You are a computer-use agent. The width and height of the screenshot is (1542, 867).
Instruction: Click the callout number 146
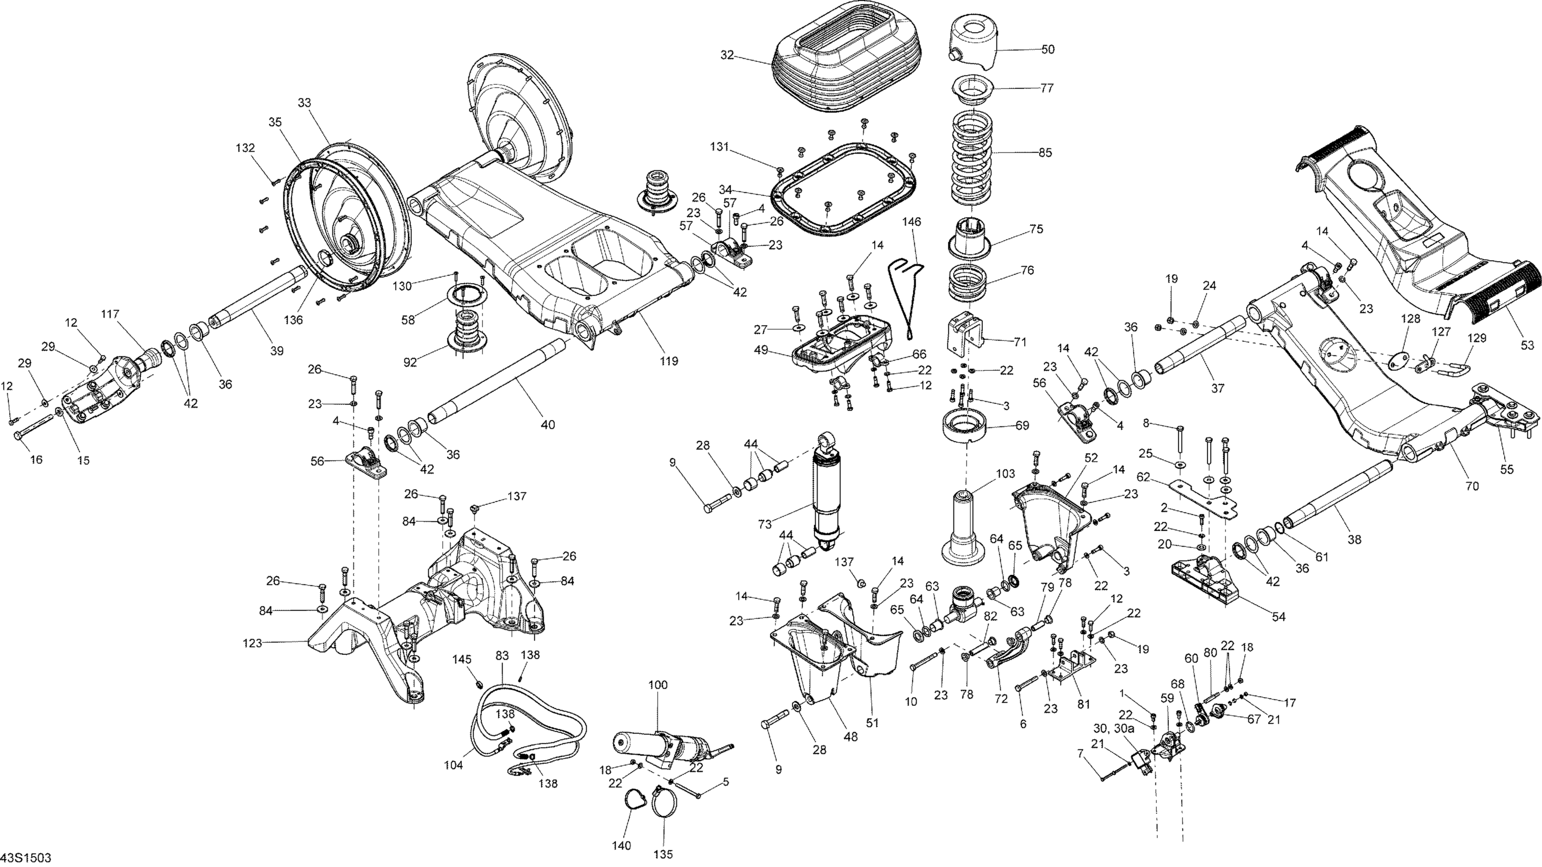(911, 221)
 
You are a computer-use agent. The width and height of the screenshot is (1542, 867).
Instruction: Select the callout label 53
(1528, 345)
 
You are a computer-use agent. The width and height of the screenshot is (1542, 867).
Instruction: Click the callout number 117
(110, 314)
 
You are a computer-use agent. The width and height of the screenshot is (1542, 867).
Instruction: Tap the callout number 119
(669, 361)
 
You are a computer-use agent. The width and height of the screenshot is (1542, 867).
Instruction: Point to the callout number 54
(1278, 617)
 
